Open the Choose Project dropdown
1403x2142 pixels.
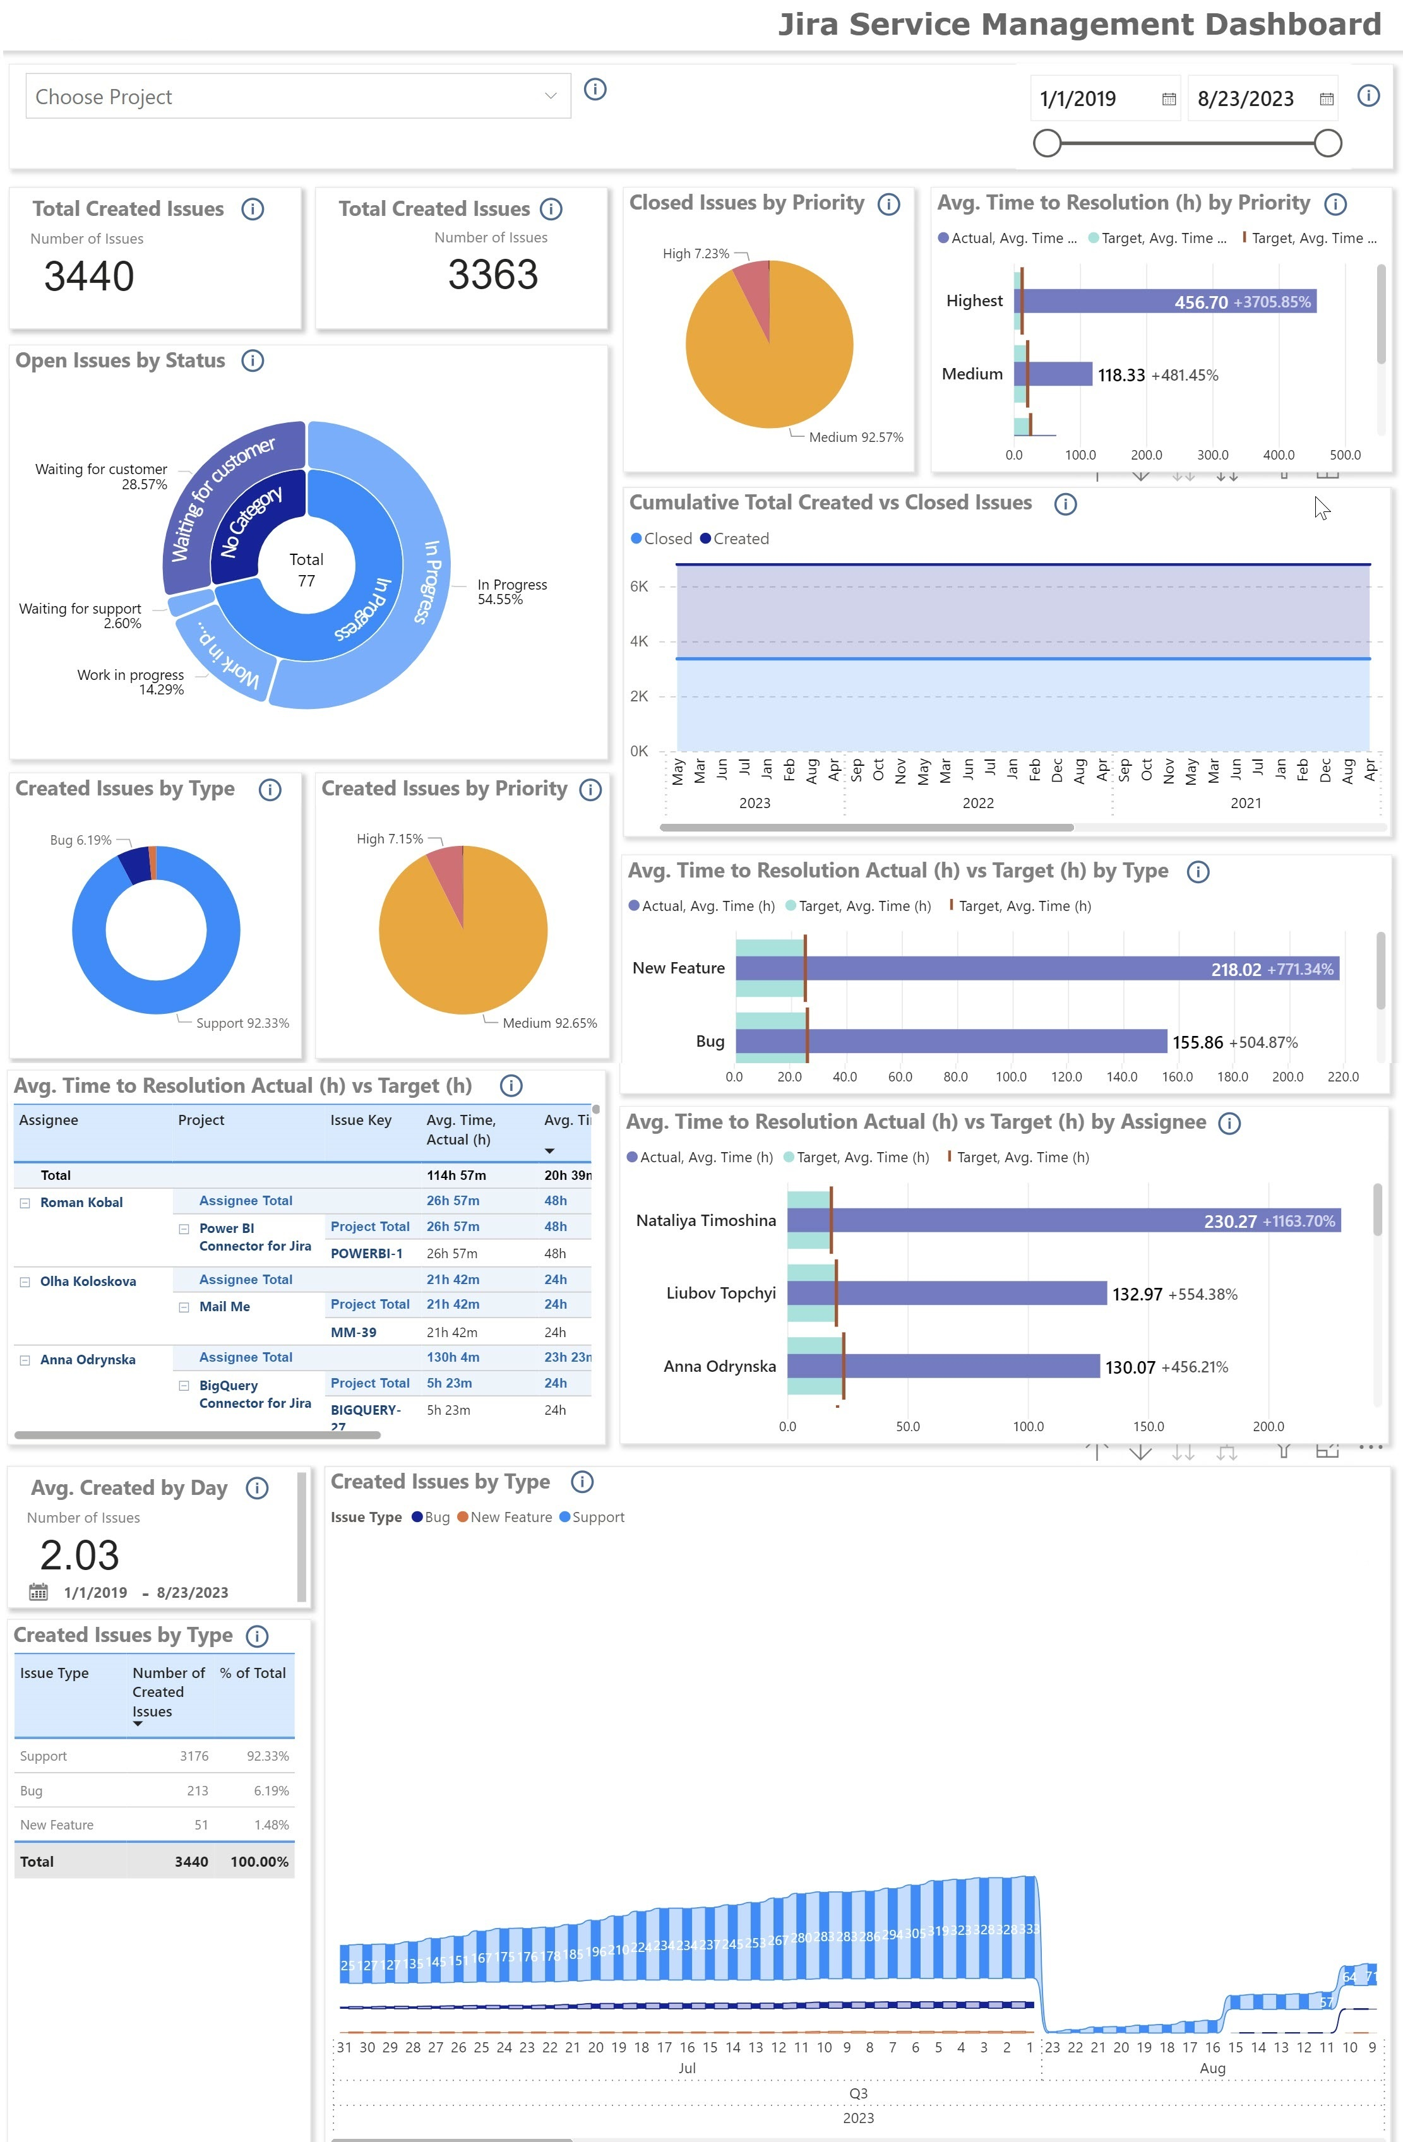[297, 97]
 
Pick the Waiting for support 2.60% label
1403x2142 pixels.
[80, 616]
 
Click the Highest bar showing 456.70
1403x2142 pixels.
[1166, 302]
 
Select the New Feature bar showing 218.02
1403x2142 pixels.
[1035, 968]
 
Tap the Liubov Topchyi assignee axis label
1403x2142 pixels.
[721, 1294]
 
